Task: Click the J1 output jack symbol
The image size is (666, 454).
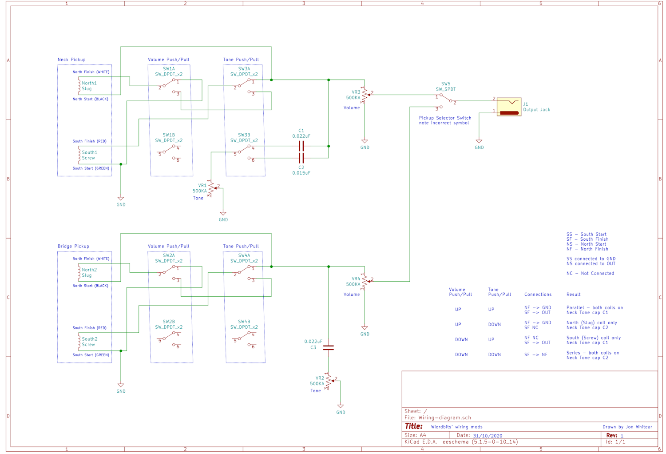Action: pyautogui.click(x=509, y=107)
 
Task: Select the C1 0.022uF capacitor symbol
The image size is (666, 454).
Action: pyautogui.click(x=301, y=146)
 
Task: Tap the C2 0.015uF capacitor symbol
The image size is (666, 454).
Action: pyautogui.click(x=301, y=158)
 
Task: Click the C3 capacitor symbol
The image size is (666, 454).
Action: pyautogui.click(x=328, y=347)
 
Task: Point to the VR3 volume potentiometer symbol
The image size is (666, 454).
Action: pyautogui.click(x=365, y=95)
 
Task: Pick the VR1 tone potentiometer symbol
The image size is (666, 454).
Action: pyautogui.click(x=212, y=188)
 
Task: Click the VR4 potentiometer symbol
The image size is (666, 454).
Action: pyautogui.click(x=365, y=282)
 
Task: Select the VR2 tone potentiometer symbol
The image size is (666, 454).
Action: pyautogui.click(x=329, y=381)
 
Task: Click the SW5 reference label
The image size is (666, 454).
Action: pyautogui.click(x=446, y=84)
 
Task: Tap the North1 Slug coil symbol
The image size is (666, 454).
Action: pyautogui.click(x=79, y=86)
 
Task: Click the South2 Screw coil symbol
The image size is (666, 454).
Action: pyautogui.click(x=79, y=342)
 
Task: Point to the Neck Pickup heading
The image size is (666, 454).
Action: pyautogui.click(x=71, y=60)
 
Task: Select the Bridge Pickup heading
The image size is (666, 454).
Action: pyautogui.click(x=73, y=247)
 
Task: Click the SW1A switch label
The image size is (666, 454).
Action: pyautogui.click(x=169, y=69)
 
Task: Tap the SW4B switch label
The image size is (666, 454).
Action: pyautogui.click(x=244, y=322)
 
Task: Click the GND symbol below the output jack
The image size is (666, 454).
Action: pyautogui.click(x=479, y=142)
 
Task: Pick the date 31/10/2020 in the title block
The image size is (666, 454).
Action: pyautogui.click(x=488, y=436)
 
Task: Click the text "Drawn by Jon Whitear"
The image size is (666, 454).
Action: pyautogui.click(x=627, y=427)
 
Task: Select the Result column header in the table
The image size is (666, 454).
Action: pyautogui.click(x=574, y=295)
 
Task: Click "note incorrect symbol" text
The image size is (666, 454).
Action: pyautogui.click(x=444, y=123)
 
